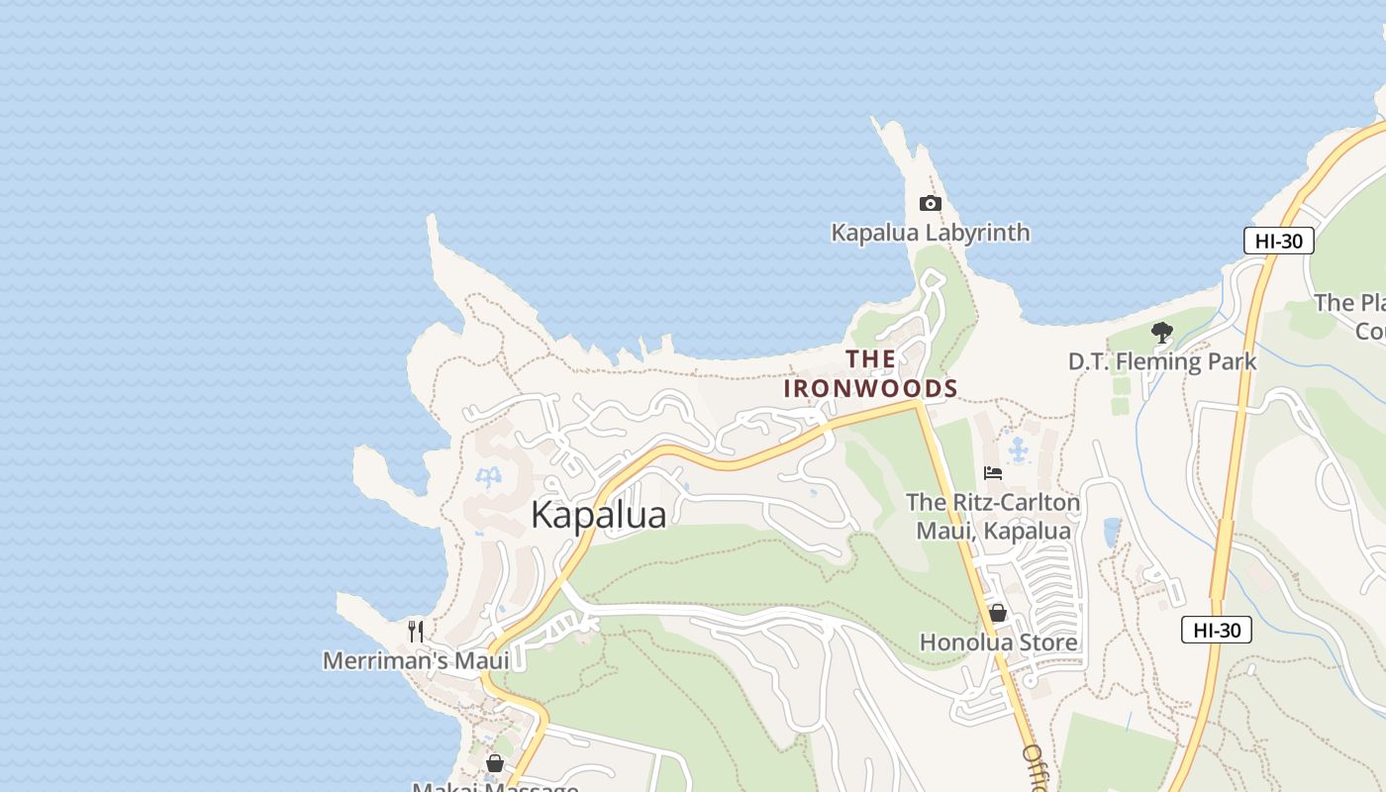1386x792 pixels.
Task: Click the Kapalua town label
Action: point(598,515)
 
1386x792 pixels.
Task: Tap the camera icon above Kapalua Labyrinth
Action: point(930,204)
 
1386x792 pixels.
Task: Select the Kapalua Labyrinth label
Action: point(930,234)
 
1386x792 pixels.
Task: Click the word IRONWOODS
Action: point(870,388)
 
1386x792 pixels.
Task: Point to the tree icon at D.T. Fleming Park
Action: point(1162,333)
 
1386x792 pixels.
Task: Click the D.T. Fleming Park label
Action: point(1161,362)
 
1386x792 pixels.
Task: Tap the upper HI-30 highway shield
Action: point(1278,241)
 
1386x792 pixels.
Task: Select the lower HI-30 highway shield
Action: point(1216,630)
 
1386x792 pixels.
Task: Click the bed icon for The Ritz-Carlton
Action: point(993,473)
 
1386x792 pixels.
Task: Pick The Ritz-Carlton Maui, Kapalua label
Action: point(993,517)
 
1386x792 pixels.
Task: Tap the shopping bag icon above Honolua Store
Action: point(998,614)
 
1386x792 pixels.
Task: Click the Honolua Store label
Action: point(998,643)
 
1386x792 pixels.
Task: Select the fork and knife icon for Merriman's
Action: point(416,631)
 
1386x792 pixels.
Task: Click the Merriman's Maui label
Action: point(416,660)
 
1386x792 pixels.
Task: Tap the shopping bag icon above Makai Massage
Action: point(494,763)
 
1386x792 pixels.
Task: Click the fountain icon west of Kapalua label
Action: point(488,478)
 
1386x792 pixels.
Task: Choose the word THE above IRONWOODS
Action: point(870,358)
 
